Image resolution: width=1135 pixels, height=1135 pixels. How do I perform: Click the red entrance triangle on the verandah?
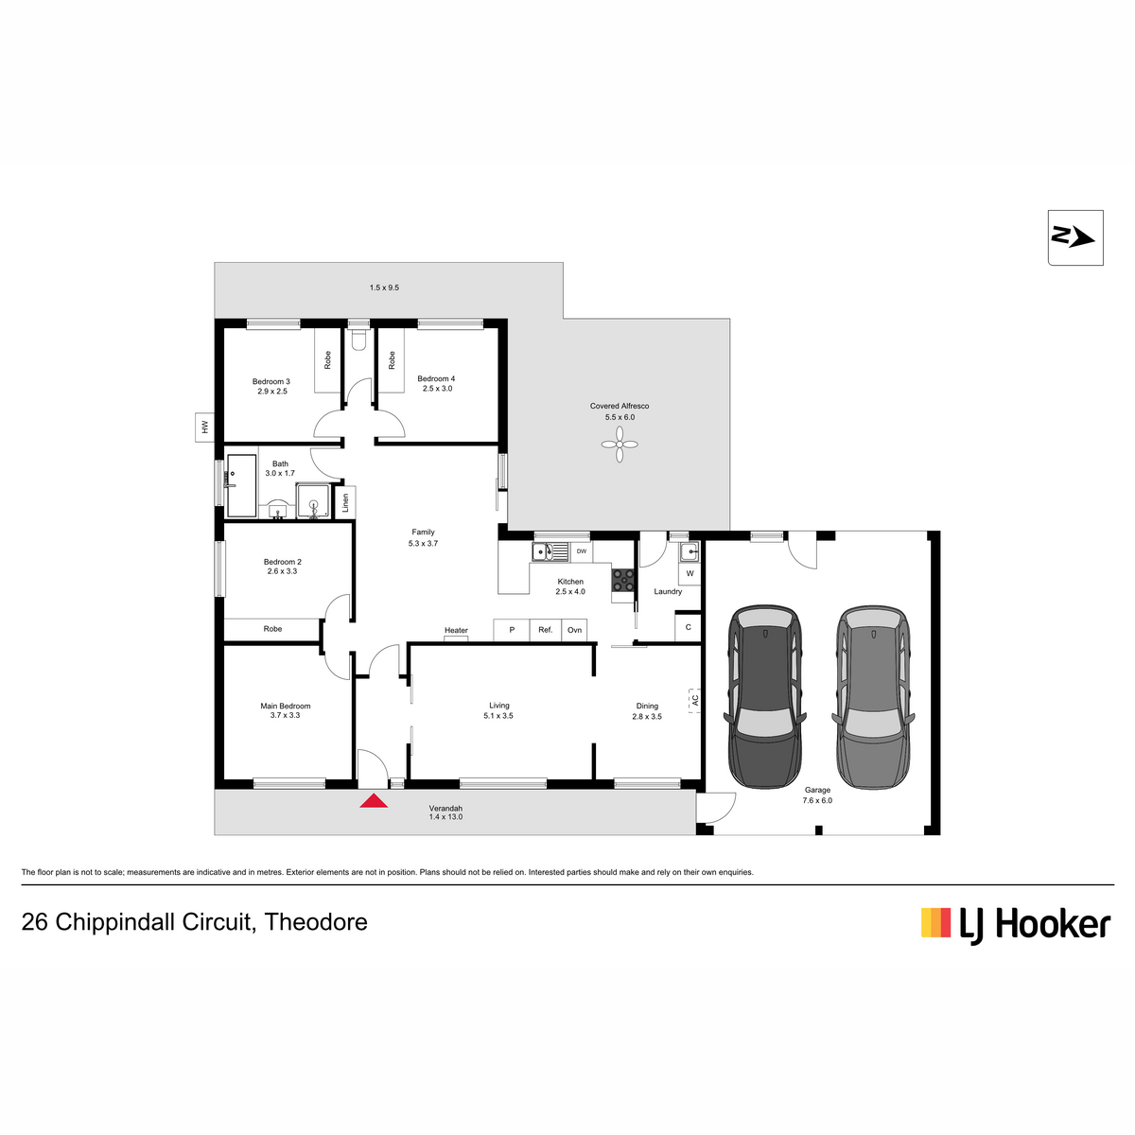coord(374,800)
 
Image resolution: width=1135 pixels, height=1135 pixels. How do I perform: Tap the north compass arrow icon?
coord(1074,238)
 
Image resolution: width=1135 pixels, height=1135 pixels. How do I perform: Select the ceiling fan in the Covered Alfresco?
coord(619,445)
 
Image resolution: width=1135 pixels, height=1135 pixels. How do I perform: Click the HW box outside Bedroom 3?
coord(204,427)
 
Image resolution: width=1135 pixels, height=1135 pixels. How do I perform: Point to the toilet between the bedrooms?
coord(358,339)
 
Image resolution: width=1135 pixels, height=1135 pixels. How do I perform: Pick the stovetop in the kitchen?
coord(622,580)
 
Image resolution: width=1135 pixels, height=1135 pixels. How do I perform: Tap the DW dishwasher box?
coord(582,551)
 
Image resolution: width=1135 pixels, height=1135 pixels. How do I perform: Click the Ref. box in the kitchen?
coord(546,630)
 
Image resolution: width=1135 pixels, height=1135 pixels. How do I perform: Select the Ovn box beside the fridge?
coord(574,630)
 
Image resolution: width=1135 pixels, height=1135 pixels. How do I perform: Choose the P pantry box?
coord(512,630)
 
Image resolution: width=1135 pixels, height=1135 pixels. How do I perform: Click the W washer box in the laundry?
coord(690,573)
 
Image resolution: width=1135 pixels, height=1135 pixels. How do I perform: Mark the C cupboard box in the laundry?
coord(688,627)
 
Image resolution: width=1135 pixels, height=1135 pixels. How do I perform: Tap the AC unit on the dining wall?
coord(694,700)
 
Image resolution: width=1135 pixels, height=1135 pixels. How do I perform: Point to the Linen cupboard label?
coord(346,502)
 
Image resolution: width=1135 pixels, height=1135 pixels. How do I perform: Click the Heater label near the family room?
coord(456,630)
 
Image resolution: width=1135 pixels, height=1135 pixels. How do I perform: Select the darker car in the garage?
coord(765,696)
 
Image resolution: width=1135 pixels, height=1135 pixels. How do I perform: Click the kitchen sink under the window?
coord(550,551)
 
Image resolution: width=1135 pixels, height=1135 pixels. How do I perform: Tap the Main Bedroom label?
coord(285,706)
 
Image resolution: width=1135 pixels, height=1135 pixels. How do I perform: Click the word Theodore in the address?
coord(316,922)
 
